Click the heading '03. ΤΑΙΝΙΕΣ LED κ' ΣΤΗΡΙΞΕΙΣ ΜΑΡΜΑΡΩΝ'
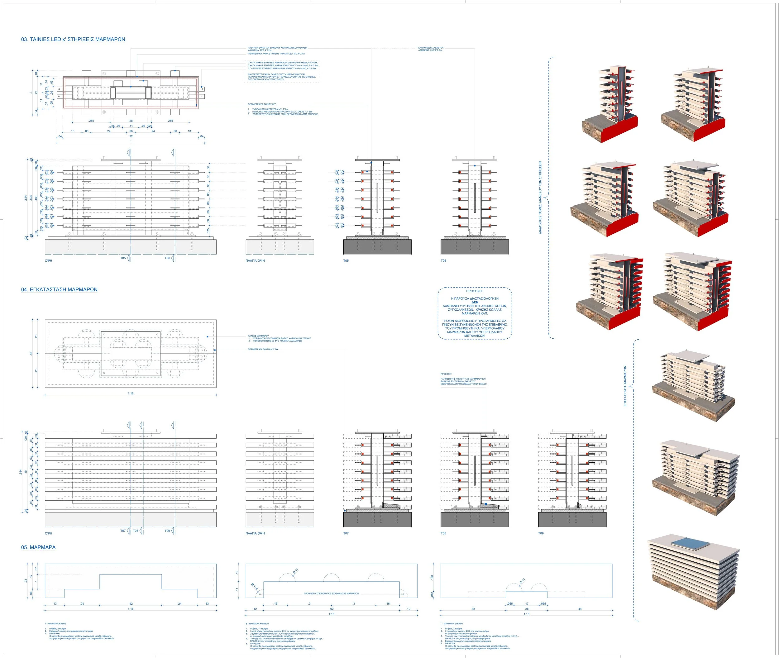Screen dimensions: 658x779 coord(73,39)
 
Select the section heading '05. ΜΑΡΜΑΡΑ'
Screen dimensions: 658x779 coord(38,547)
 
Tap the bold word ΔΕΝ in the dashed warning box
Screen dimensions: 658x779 coord(475,302)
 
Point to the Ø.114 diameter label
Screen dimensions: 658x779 coord(255,587)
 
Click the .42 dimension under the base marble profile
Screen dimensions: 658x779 coord(131,603)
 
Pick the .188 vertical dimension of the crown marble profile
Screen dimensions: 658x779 coord(432,577)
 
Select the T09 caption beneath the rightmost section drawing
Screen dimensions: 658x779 coord(541,533)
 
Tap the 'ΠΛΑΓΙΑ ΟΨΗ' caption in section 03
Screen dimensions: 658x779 coord(255,261)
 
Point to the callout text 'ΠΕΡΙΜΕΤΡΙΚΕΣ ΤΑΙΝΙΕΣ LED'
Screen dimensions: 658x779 coord(262,104)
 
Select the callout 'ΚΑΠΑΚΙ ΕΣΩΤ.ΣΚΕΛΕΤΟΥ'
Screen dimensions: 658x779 coord(431,48)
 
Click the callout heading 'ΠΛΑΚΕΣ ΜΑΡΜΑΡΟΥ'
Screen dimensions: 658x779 coord(258,336)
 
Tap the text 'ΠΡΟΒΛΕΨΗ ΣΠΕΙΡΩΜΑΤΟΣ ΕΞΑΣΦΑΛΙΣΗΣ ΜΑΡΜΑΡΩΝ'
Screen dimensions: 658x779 coord(331,594)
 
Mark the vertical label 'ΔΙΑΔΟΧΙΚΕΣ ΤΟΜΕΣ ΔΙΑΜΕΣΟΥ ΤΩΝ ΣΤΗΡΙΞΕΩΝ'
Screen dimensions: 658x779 coord(540,198)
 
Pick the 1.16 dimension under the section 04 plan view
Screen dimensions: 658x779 coord(131,393)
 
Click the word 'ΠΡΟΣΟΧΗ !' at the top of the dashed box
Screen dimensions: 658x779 coord(475,291)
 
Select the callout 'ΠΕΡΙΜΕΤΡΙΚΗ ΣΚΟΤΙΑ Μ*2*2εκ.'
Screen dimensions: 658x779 coord(263,350)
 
